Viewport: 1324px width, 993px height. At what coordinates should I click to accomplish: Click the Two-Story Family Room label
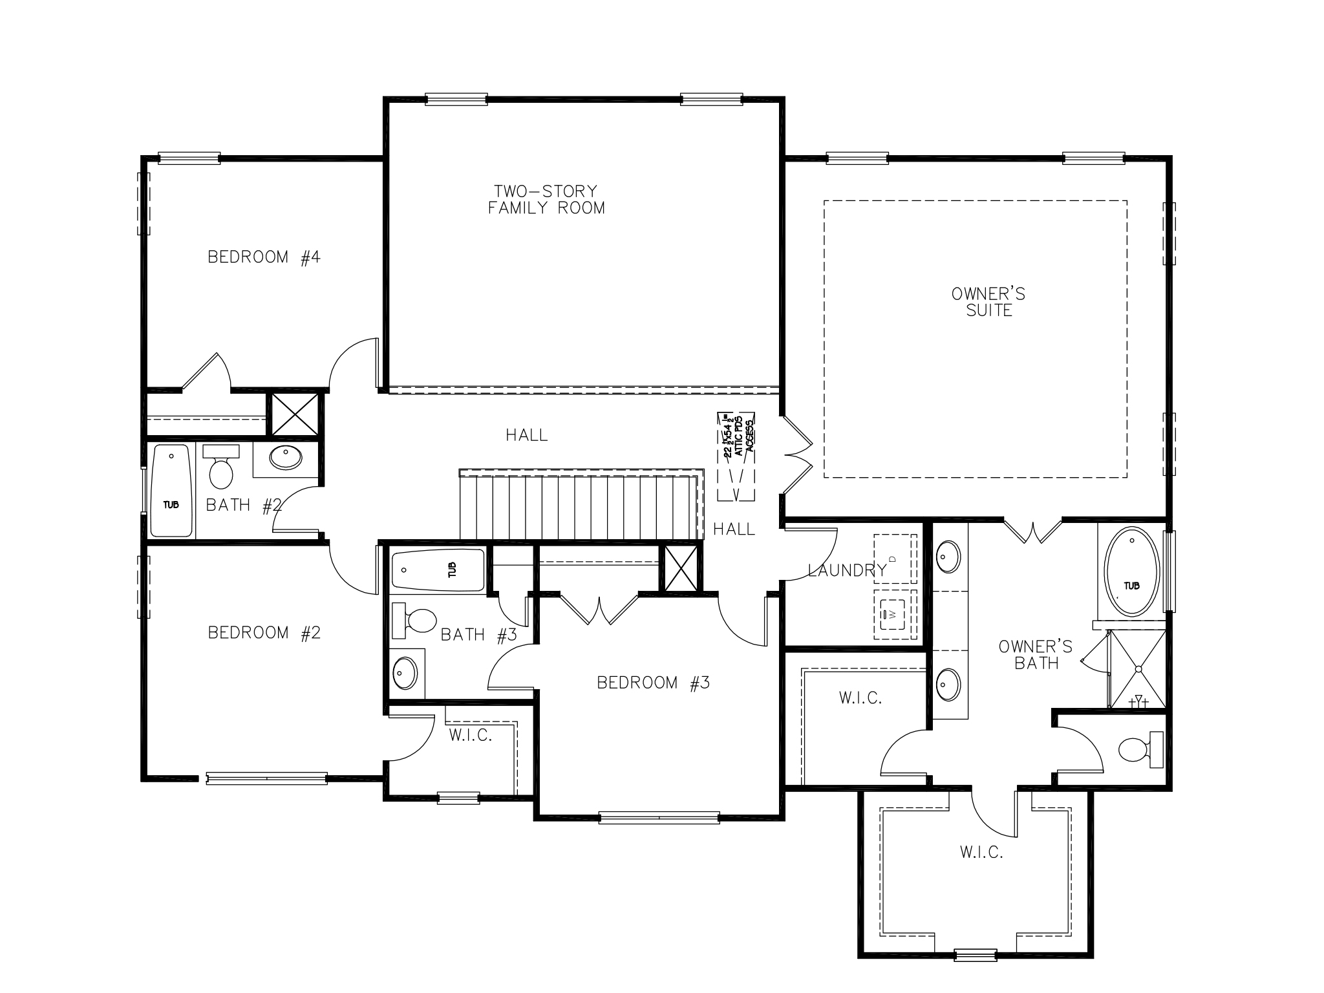coord(546,200)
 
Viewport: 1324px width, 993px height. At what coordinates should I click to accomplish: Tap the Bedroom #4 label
coord(264,257)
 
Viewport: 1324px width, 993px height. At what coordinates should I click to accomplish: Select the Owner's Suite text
coord(988,303)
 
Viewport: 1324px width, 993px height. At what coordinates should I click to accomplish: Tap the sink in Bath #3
coord(405,673)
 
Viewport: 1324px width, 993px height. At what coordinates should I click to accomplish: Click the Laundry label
coord(846,570)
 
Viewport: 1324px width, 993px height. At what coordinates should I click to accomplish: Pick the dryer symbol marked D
coord(895,558)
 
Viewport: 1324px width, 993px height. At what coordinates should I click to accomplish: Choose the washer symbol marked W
coord(895,614)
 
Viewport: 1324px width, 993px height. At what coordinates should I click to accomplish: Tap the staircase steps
coord(582,507)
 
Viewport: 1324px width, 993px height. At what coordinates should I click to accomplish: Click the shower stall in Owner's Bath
coord(1138,669)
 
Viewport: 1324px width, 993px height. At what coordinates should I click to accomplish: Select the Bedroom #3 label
coord(653,683)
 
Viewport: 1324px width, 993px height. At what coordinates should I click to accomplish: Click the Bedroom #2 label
coord(264,632)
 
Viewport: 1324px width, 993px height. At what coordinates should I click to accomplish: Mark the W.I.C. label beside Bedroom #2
coord(471,735)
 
